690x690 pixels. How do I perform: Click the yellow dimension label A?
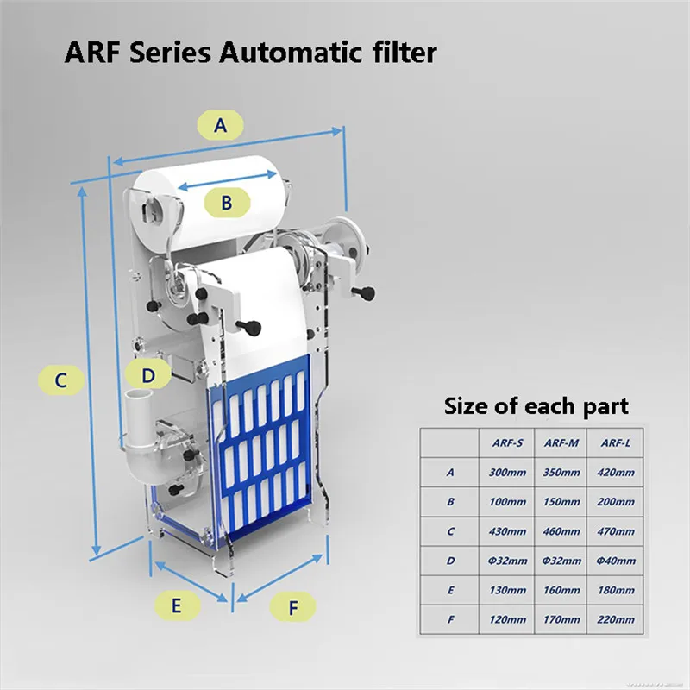[x=221, y=126]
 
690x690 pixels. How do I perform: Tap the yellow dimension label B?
[x=226, y=203]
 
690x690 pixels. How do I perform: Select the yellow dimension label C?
[x=60, y=379]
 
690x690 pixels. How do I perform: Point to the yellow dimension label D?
[x=148, y=375]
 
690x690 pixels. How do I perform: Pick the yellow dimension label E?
[x=176, y=605]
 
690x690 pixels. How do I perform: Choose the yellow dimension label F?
[x=293, y=608]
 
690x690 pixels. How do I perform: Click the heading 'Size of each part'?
[x=536, y=405]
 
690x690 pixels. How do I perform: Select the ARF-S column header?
[x=507, y=442]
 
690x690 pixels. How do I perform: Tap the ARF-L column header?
[x=615, y=442]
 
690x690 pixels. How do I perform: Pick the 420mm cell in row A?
[x=615, y=472]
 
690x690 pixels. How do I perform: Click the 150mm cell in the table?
[x=561, y=501]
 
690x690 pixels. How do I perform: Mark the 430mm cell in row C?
[x=507, y=531]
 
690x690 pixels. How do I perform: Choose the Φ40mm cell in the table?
[x=615, y=561]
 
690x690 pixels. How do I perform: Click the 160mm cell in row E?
[x=561, y=590]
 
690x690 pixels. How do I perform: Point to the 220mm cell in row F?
[x=615, y=619]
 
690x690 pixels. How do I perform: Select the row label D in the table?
[x=449, y=561]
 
